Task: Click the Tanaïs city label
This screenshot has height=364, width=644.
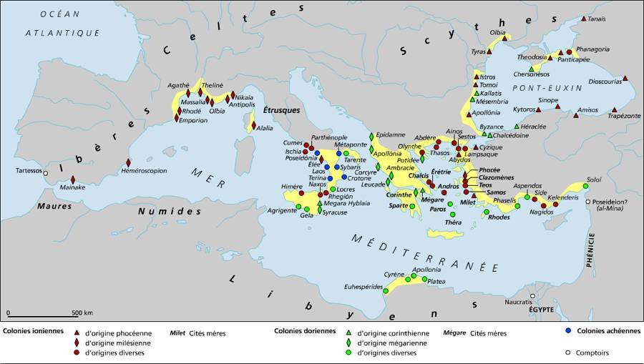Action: pos(600,19)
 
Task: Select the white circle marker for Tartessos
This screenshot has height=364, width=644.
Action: pos(47,172)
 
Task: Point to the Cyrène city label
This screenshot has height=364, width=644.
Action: pos(394,275)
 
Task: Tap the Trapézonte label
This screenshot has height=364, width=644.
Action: pos(625,115)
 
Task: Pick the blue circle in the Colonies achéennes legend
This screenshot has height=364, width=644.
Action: pos(567,331)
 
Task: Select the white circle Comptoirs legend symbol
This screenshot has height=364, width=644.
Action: pos(567,352)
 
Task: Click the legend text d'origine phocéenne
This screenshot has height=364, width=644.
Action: pos(118,333)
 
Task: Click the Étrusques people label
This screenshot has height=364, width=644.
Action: pos(280,111)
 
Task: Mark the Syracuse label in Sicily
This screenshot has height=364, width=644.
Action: pos(335,212)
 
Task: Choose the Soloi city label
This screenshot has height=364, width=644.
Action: pos(594,179)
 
